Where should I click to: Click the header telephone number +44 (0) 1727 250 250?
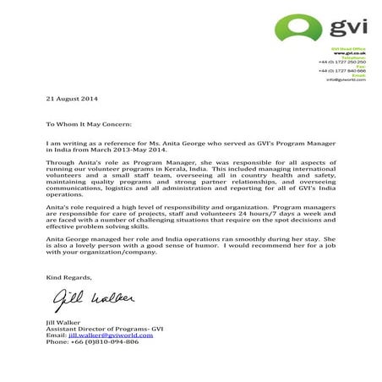point(341,62)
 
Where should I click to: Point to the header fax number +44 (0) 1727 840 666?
point(341,71)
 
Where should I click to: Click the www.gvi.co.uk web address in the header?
point(354,53)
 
